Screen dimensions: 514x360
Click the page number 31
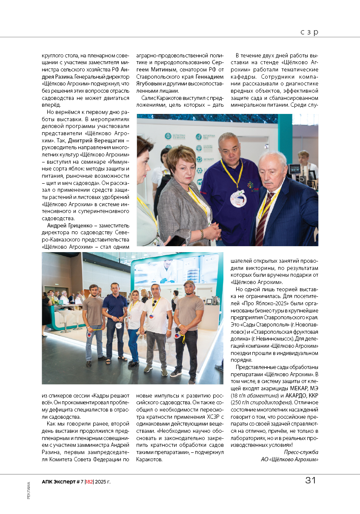pos(310,480)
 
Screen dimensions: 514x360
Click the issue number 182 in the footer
pos(89,481)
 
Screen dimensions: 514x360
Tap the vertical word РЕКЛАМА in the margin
pos(29,490)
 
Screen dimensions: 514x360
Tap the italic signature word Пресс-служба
pos(301,452)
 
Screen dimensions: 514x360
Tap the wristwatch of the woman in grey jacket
pos(202,233)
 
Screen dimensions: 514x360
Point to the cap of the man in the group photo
pos(189,283)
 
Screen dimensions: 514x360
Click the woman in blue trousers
pos(134,327)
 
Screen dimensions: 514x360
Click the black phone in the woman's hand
pos(175,241)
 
